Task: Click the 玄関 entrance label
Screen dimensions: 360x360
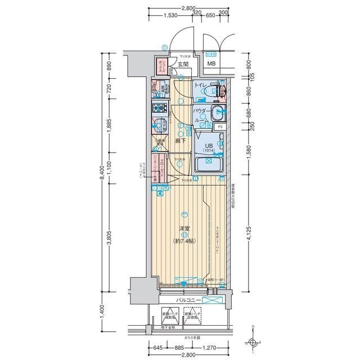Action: point(183,65)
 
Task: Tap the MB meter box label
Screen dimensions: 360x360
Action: point(211,64)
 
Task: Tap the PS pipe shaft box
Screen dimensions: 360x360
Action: point(220,127)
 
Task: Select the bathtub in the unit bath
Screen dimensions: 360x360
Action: point(208,164)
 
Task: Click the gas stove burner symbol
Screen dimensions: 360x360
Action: point(158,108)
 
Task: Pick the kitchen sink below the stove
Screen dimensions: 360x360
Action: point(158,125)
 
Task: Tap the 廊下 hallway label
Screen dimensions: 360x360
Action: point(179,141)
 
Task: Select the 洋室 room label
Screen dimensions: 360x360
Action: point(184,228)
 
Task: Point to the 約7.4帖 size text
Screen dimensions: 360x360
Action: point(184,241)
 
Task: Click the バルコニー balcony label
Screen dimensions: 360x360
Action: point(188,301)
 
